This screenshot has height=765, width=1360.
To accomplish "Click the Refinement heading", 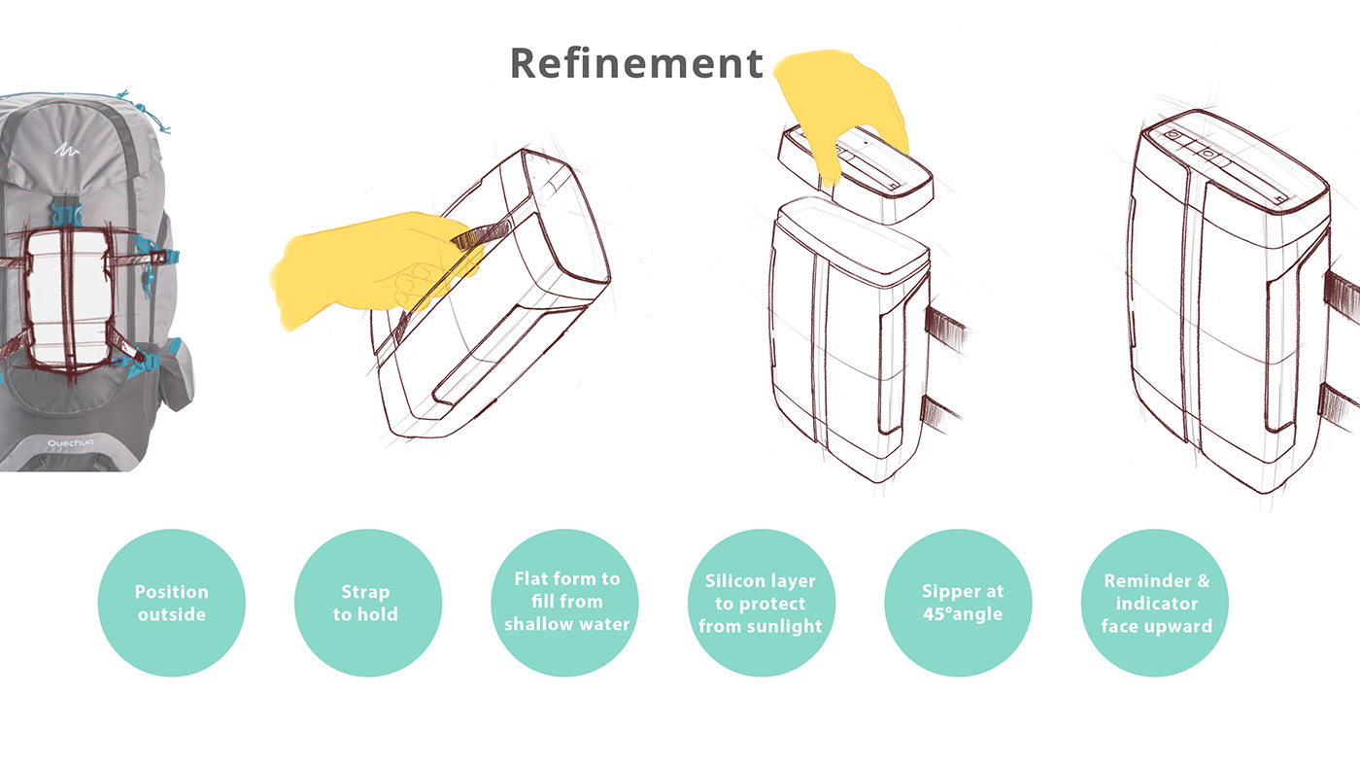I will coord(636,63).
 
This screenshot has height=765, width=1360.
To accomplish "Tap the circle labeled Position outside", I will coord(171,603).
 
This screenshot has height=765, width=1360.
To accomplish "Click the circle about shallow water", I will coord(566,603).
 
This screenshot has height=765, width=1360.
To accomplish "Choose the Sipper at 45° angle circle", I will coord(962,603).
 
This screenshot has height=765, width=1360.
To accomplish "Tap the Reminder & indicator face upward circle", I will coord(1156,603).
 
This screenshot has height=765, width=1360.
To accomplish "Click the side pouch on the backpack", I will coord(175,379).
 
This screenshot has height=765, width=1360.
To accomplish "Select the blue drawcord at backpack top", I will coord(146,109).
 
